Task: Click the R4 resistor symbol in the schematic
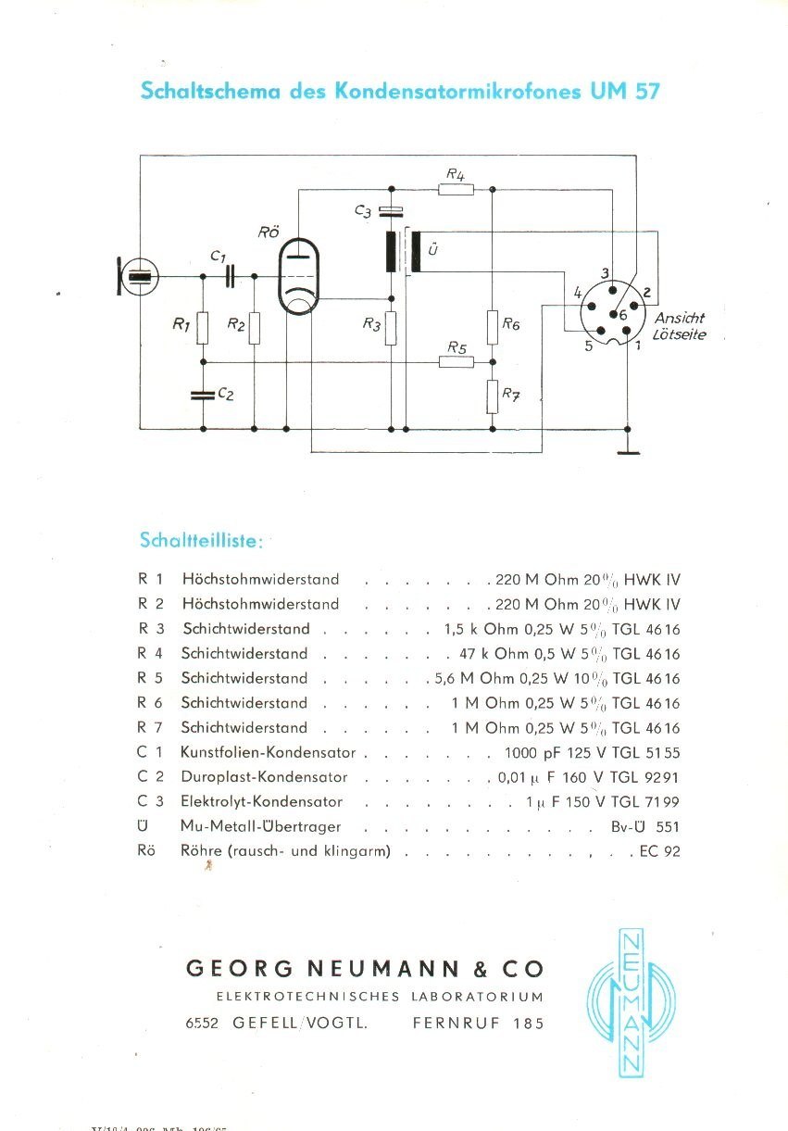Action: [x=455, y=190]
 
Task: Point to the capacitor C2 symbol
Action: [x=203, y=395]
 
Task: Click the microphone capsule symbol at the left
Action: [x=137, y=276]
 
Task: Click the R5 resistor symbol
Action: [x=455, y=361]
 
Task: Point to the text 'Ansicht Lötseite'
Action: [x=681, y=326]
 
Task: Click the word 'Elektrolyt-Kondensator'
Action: [x=262, y=801]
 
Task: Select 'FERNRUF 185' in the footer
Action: [x=478, y=1024]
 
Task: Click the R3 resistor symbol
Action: [x=391, y=326]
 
